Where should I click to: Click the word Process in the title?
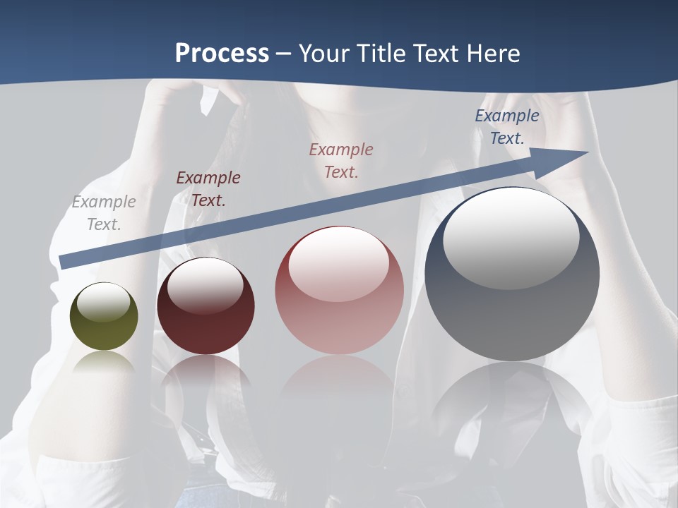(x=222, y=53)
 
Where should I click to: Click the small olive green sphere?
(x=104, y=317)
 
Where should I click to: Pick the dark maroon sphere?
(x=206, y=306)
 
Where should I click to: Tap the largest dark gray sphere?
(x=512, y=274)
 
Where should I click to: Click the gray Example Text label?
(x=104, y=213)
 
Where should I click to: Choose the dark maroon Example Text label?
(x=208, y=189)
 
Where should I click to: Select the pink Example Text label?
(x=341, y=160)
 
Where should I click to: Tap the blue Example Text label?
(x=507, y=127)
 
